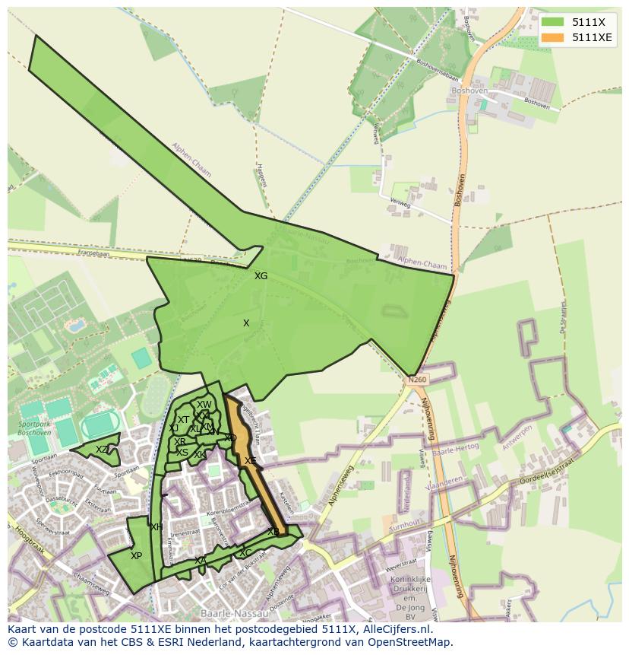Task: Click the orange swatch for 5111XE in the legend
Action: pos(553,37)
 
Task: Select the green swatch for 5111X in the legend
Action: pos(553,22)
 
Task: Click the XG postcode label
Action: pos(261,276)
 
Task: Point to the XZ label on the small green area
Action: pos(102,450)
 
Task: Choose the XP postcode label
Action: pos(136,556)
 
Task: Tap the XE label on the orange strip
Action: pos(250,461)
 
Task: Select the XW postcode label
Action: pos(204,405)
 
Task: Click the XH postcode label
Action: pos(156,527)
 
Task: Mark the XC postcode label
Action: pos(245,553)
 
